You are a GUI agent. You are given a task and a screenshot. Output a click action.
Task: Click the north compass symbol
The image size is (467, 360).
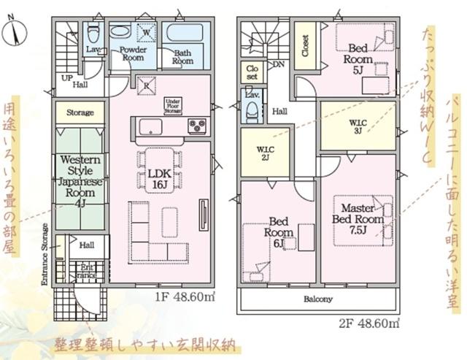(17, 32)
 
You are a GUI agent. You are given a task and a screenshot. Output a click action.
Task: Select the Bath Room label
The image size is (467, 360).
(182, 58)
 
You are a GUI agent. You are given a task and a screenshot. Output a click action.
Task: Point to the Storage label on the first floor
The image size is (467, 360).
(80, 113)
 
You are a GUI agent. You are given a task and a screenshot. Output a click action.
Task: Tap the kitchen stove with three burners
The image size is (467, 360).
(196, 125)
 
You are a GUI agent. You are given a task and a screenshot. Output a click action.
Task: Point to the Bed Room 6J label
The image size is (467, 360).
(280, 231)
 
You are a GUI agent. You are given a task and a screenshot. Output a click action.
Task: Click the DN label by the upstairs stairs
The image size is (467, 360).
(279, 64)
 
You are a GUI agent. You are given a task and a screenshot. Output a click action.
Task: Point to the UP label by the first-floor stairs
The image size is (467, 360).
(66, 78)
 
